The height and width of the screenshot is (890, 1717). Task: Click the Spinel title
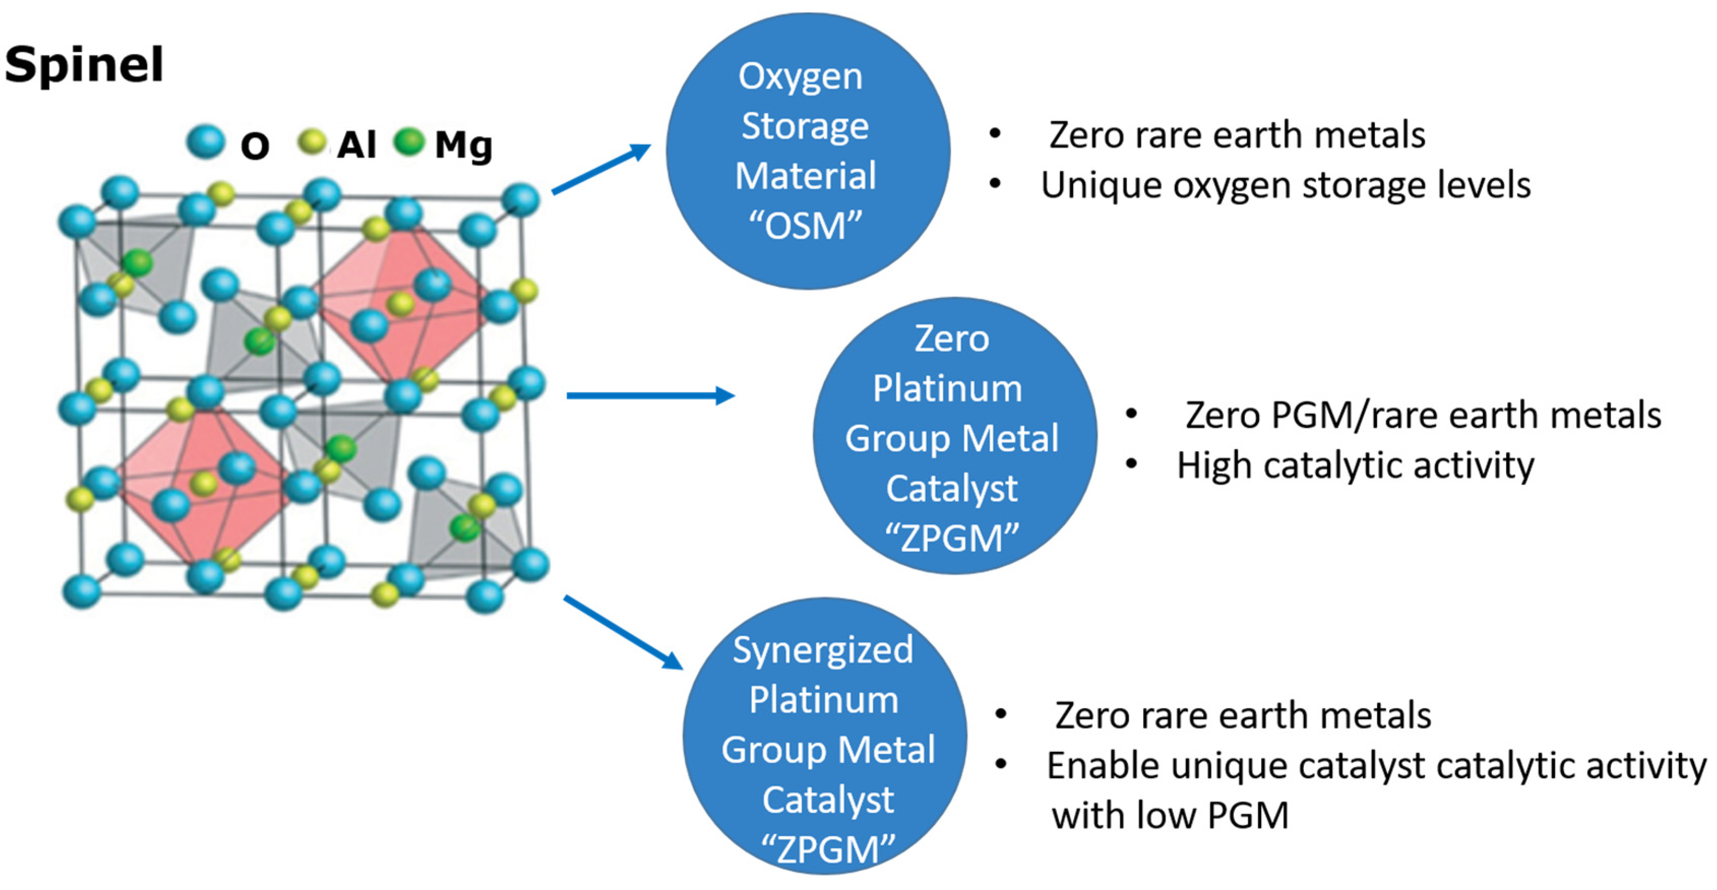tap(84, 64)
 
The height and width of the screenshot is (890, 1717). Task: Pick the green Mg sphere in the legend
tap(409, 141)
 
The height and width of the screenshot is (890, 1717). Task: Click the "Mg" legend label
tap(464, 145)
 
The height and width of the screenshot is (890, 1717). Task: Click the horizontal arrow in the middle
tap(650, 395)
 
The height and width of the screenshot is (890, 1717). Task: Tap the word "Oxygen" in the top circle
tap(800, 77)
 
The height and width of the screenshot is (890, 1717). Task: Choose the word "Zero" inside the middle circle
tap(952, 339)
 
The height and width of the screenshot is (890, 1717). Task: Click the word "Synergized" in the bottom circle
tap(823, 649)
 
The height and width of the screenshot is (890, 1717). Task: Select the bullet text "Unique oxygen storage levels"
tap(1285, 185)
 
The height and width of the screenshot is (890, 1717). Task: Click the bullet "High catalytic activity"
tap(1355, 465)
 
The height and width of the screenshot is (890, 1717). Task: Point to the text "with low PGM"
tap(1170, 815)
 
